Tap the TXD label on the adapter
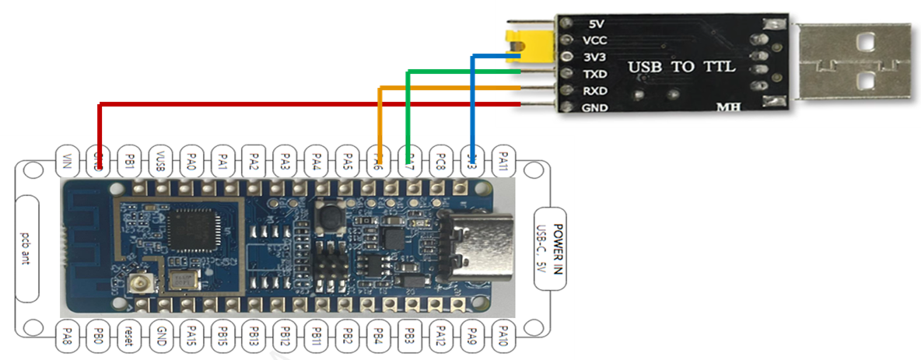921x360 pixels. (x=594, y=75)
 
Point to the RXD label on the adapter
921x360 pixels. (x=594, y=91)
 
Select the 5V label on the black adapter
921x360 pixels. (x=597, y=24)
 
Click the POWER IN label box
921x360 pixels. (x=553, y=248)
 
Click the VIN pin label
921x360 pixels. (x=67, y=162)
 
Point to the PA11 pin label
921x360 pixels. (x=503, y=162)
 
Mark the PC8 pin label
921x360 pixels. (x=440, y=162)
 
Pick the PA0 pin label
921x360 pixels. (x=192, y=162)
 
